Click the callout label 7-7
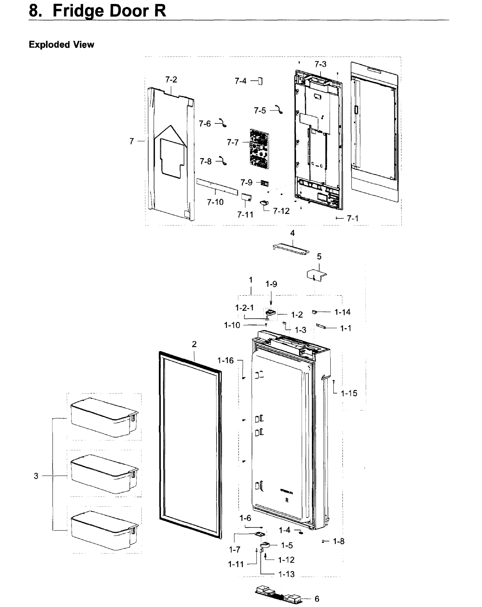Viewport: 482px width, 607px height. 233,142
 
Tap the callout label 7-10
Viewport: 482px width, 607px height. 215,202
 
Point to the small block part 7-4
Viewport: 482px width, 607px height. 260,81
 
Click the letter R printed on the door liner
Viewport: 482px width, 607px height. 287,500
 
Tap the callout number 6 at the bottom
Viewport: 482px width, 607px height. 317,599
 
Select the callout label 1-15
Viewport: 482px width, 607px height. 349,393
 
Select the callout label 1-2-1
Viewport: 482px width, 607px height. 244,308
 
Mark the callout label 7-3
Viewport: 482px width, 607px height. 320,64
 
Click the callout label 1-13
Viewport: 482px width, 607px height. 286,574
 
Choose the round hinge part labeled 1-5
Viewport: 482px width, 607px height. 265,545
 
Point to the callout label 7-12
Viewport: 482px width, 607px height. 281,211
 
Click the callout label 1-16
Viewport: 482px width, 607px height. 225,360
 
